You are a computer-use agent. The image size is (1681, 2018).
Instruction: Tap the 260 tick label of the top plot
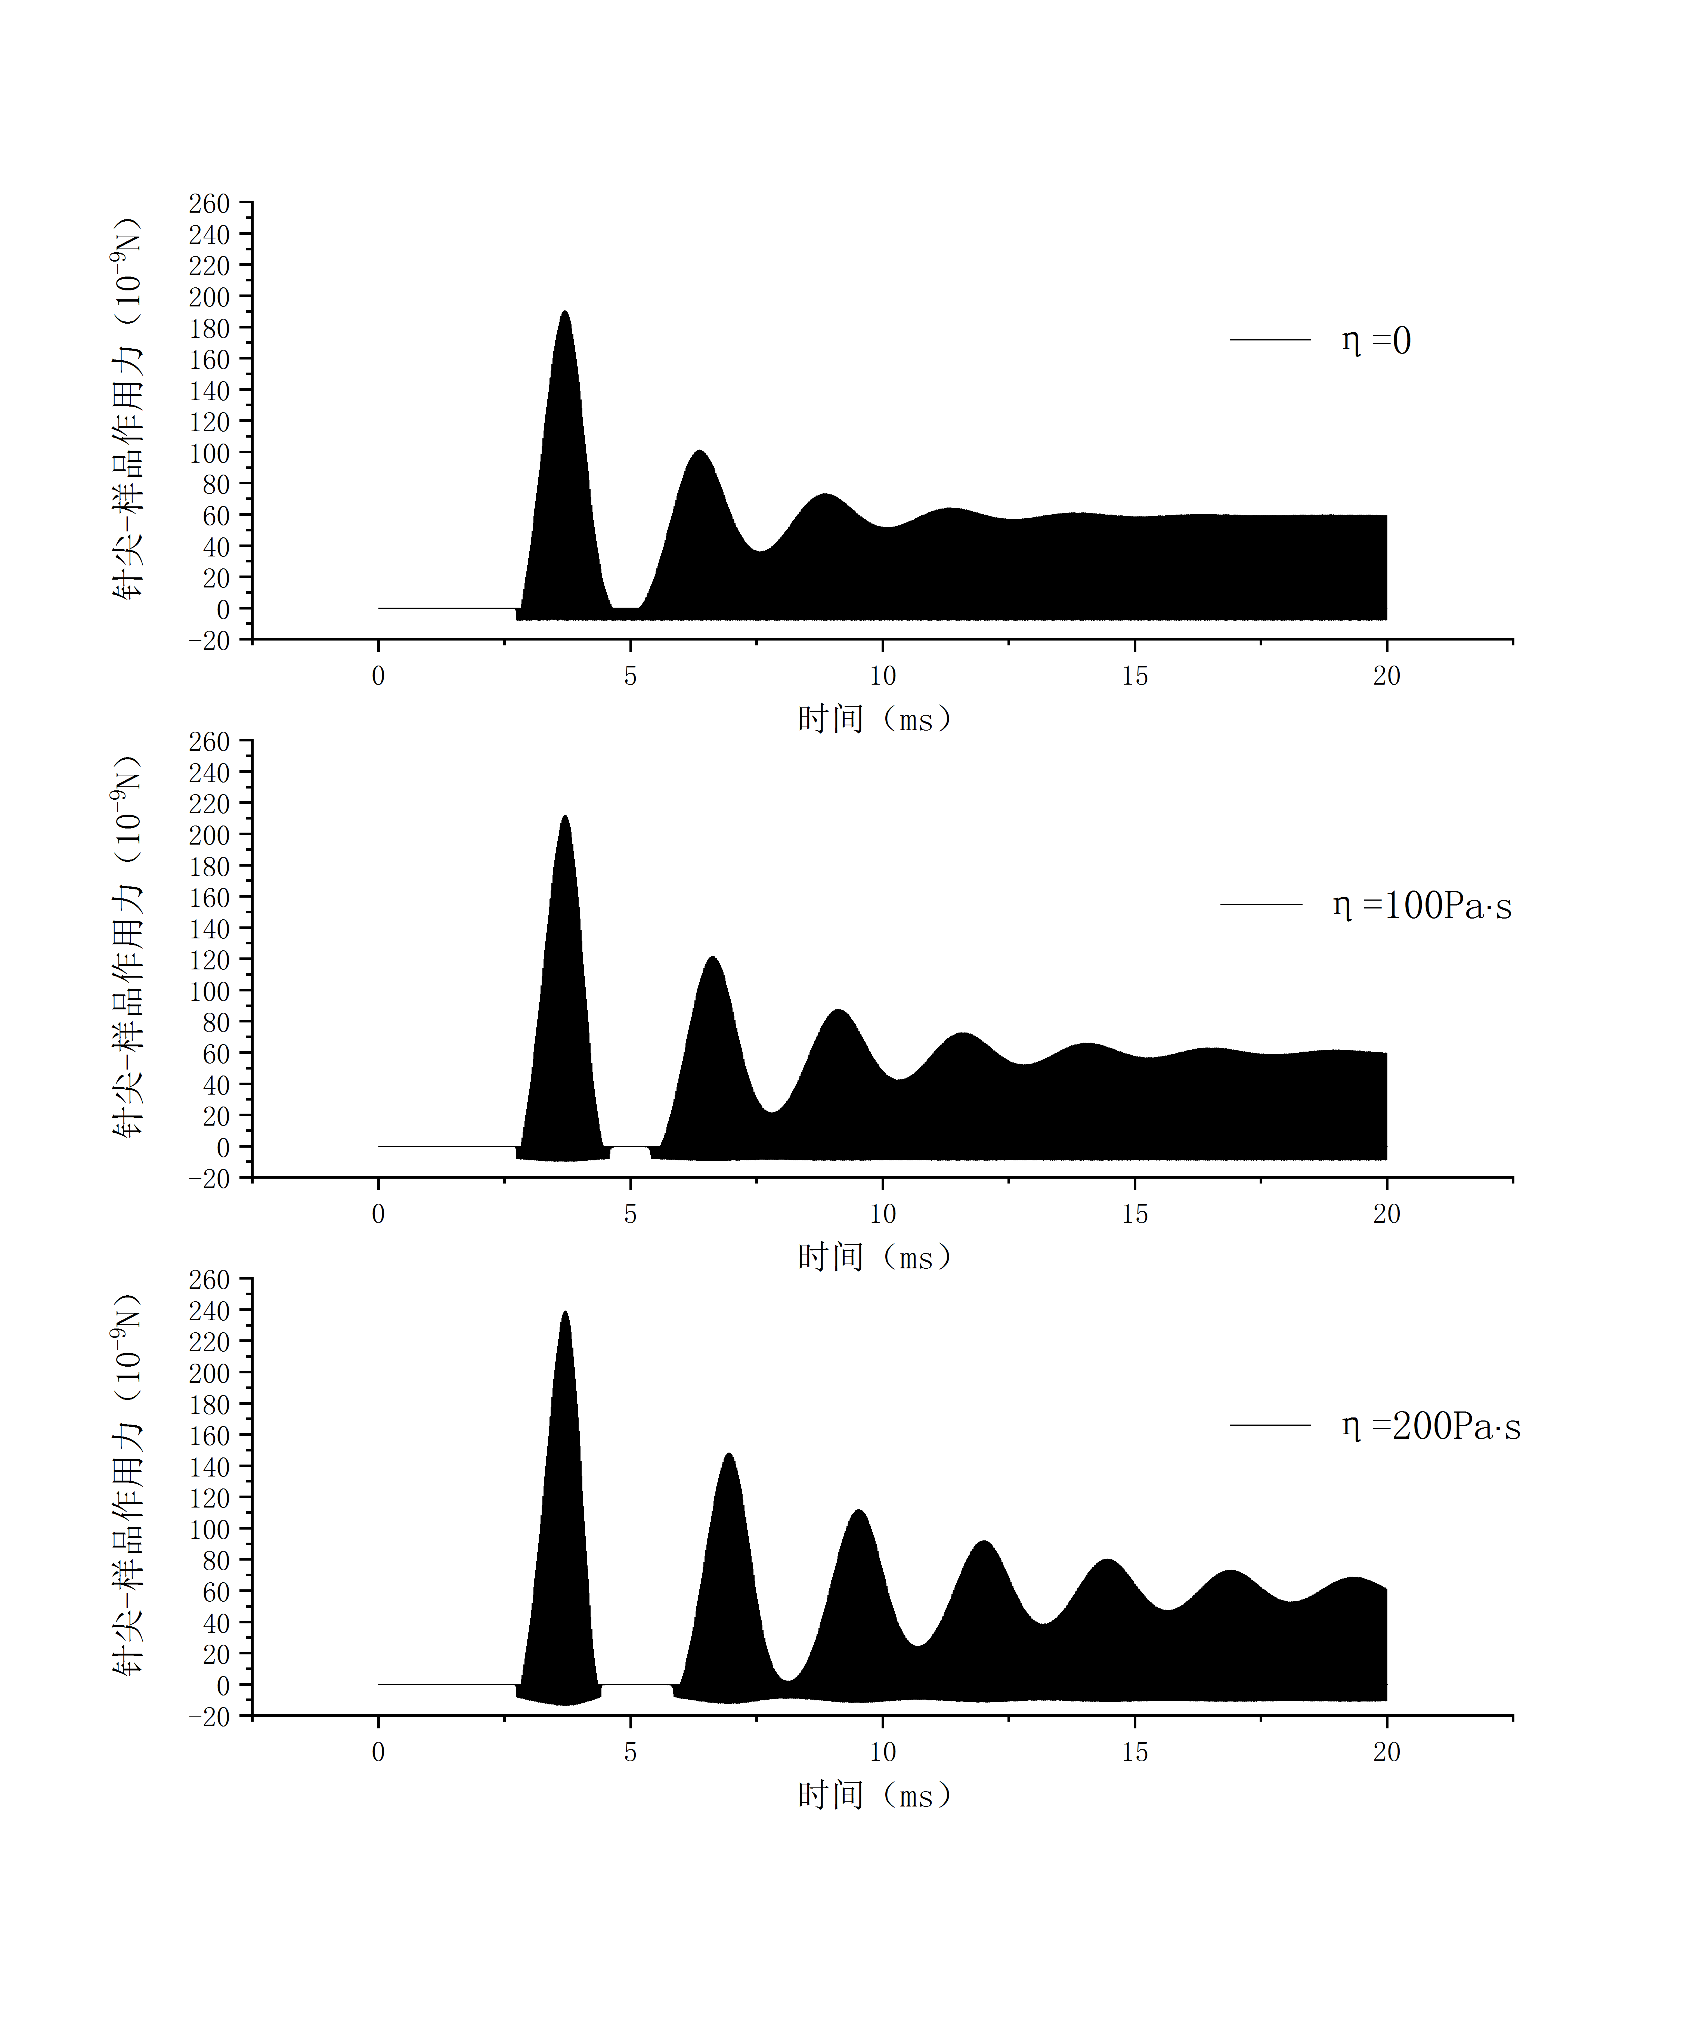pos(210,204)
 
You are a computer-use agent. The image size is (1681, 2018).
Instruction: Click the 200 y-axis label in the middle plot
pos(210,835)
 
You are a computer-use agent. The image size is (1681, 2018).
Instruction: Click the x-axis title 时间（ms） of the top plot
pos(874,719)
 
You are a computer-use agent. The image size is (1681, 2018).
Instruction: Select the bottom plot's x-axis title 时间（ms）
pos(874,1795)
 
